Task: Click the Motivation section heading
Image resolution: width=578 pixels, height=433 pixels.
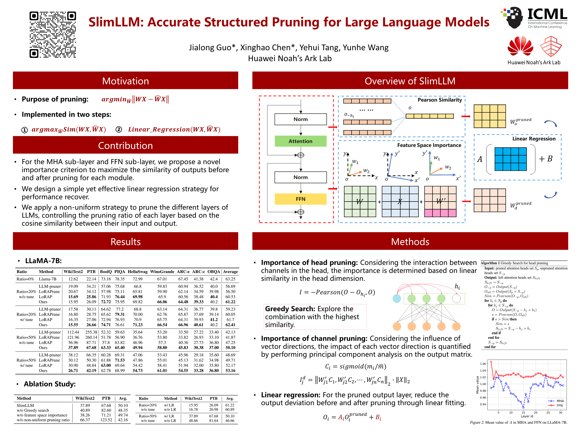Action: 125,81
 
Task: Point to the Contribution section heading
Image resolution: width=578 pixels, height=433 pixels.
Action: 125,145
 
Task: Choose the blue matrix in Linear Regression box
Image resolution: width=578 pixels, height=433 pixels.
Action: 510,159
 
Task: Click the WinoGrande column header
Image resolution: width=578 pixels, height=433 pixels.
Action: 162,272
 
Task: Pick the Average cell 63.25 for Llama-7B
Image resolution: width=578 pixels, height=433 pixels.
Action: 230,279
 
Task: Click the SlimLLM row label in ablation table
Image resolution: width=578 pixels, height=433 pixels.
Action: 25,405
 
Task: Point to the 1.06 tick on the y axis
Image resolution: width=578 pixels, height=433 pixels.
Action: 483,364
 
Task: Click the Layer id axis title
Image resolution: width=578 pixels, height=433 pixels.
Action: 527,416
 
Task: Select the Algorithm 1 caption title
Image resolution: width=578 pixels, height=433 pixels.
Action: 514,263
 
